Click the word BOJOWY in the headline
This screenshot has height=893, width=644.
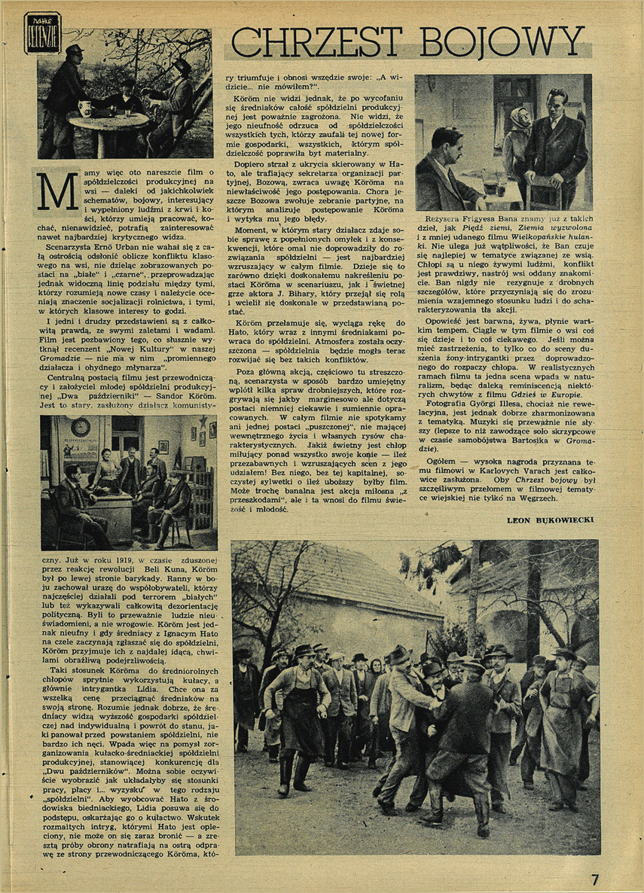(x=506, y=41)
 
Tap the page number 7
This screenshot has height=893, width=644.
(x=594, y=879)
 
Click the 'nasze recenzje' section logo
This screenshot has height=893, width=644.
(x=42, y=32)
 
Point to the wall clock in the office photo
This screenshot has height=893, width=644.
(x=81, y=428)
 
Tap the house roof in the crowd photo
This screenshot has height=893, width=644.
(x=354, y=580)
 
